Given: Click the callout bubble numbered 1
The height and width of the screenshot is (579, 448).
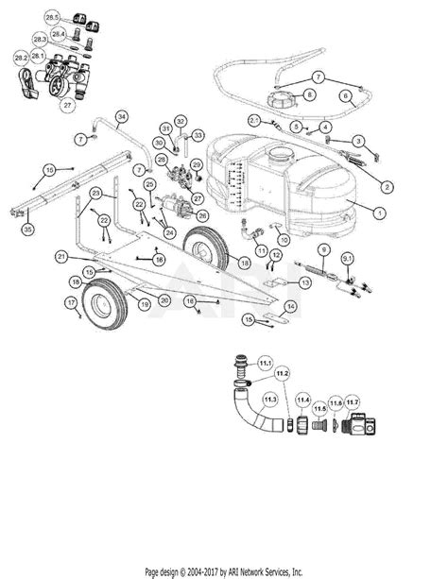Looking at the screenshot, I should [x=378, y=213].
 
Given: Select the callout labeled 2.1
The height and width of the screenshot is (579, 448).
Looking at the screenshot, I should [x=254, y=120].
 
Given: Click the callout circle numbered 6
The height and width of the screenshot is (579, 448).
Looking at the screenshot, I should [x=346, y=95].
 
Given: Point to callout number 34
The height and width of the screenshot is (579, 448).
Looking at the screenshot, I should [x=121, y=116].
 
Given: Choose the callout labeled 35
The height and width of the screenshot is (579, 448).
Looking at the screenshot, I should [x=27, y=230].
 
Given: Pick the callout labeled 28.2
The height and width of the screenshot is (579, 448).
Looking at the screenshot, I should [x=21, y=58].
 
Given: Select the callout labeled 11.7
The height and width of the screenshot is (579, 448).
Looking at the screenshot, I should [x=353, y=403].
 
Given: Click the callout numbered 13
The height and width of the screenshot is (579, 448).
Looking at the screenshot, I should [x=305, y=282].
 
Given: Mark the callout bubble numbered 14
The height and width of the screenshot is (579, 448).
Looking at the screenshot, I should [x=290, y=307].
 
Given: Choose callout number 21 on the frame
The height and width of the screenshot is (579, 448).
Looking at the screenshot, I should [x=60, y=256].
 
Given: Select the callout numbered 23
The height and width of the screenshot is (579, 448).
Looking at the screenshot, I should [x=96, y=192].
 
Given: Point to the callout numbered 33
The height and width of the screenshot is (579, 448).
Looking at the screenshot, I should [x=198, y=135].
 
